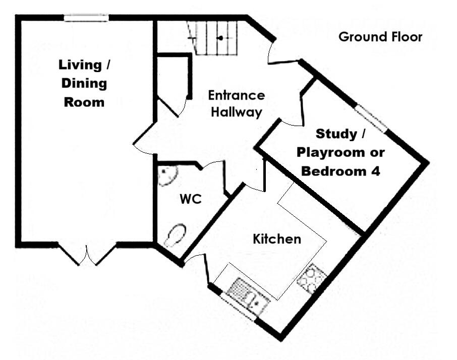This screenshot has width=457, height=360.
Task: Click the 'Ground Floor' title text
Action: [x=380, y=37]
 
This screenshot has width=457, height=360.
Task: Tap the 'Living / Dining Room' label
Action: [x=83, y=83]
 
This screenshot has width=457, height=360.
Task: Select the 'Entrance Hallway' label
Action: [x=236, y=103]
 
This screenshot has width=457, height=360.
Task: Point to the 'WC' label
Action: [x=191, y=199]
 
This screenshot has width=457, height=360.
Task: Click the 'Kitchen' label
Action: [x=277, y=239]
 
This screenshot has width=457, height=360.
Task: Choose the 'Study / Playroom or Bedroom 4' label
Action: [x=340, y=152]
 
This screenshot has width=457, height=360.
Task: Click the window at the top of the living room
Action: [x=86, y=18]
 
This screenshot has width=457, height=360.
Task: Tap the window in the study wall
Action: [x=371, y=118]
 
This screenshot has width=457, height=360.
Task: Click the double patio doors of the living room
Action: [x=87, y=254]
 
